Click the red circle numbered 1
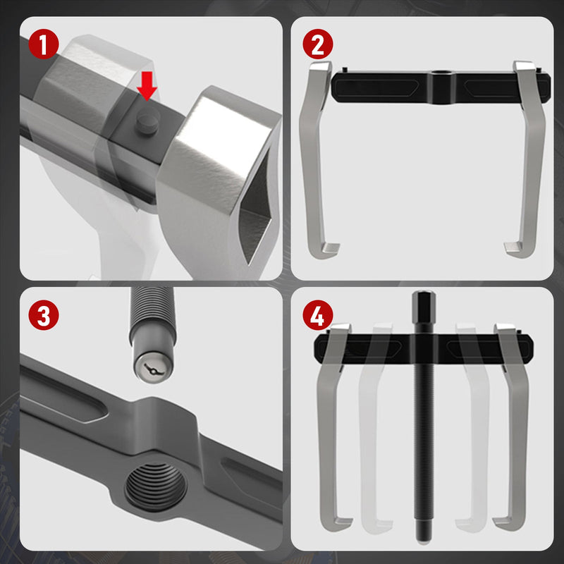click(44, 44)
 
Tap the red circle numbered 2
click(318, 44)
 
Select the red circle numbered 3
click(44, 315)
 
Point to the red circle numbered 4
click(318, 315)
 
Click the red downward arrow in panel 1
click(147, 85)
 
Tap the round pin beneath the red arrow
click(147, 121)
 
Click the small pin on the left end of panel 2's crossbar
click(345, 69)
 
